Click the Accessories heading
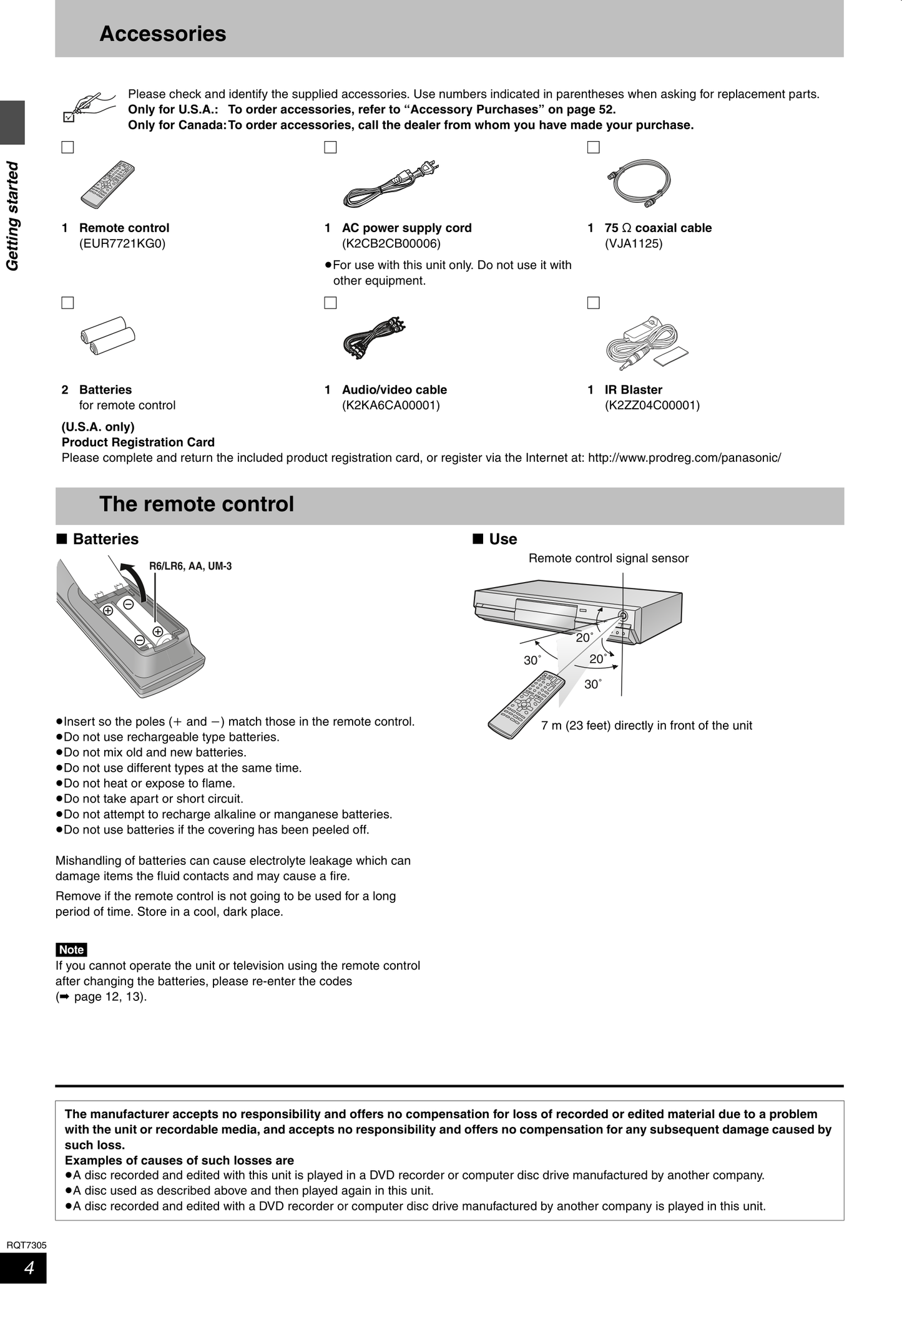coord(163,34)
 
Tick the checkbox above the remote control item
coord(67,148)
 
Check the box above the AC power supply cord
coord(330,148)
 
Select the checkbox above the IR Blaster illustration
coord(593,303)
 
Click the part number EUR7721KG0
coord(122,243)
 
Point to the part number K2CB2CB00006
coord(391,243)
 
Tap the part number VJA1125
coord(633,243)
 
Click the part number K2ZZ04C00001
coord(652,406)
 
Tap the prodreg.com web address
coord(684,458)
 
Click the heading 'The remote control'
coord(197,504)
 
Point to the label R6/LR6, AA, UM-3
coord(190,567)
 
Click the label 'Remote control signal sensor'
coord(608,558)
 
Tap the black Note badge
coord(71,950)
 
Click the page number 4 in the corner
coord(29,1268)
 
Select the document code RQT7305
coord(26,1245)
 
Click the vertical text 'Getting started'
coord(12,216)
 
